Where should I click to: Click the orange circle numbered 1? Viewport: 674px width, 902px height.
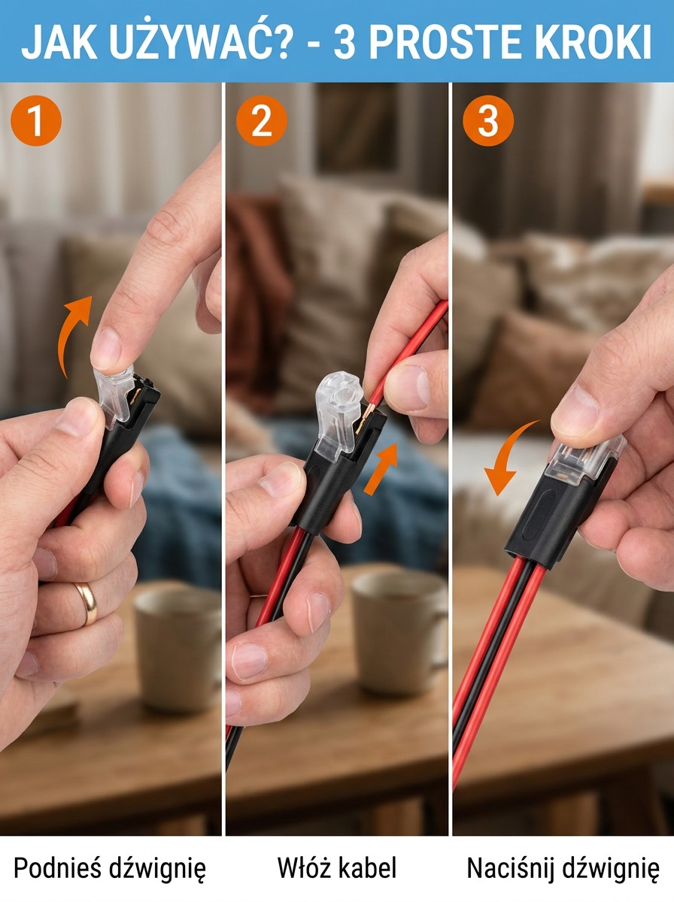click(36, 121)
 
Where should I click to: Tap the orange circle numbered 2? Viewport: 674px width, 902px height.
click(262, 121)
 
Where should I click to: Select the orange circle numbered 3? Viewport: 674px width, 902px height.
click(488, 121)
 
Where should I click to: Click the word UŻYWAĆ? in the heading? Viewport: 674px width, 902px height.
click(198, 41)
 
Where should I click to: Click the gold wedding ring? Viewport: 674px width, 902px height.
click(87, 602)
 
